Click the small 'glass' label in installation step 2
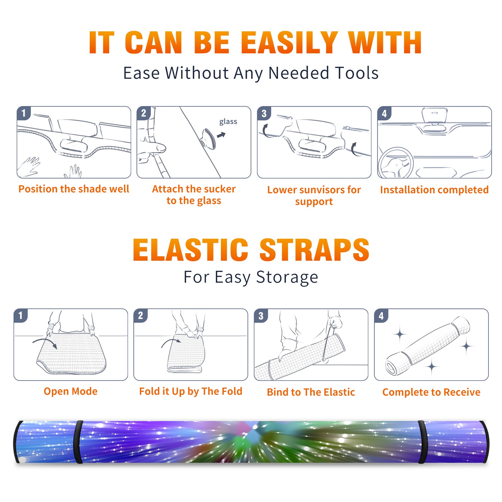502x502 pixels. [228, 122]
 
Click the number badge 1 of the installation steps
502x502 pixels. [24, 113]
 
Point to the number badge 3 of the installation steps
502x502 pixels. [264, 113]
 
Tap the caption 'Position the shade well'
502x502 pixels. [74, 189]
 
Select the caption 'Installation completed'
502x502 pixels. [434, 190]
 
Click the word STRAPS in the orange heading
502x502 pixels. [314, 250]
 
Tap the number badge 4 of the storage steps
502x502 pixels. [381, 315]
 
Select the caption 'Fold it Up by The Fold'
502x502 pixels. [191, 391]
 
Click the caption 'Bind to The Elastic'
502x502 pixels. [311, 392]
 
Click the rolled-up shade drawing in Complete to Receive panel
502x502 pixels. [427, 346]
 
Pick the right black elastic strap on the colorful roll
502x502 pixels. [422, 442]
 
